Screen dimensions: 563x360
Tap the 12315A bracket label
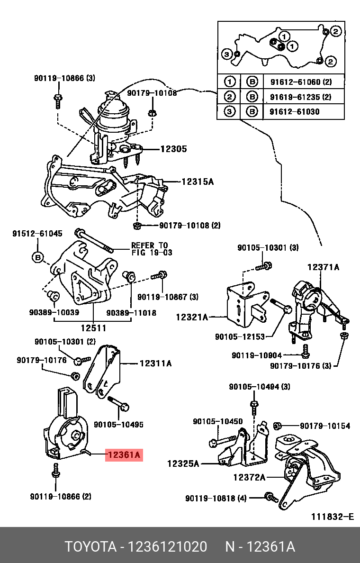point(197,182)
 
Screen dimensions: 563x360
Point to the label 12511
point(93,328)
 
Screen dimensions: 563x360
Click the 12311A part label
point(155,363)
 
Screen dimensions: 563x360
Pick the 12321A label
point(192,317)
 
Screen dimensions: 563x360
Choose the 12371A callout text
point(323,267)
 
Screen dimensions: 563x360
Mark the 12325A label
point(183,463)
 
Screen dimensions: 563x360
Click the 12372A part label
point(249,477)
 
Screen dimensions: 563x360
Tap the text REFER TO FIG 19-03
point(149,249)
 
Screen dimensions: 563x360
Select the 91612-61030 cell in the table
point(295,112)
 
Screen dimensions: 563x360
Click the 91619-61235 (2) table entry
point(300,97)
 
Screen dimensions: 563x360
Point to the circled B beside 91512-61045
point(38,257)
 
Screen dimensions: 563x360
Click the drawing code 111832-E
point(332,517)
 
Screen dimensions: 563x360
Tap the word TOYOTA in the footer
point(90,547)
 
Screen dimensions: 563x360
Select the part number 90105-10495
point(118,425)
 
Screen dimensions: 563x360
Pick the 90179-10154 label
point(325,426)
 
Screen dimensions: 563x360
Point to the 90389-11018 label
point(131,313)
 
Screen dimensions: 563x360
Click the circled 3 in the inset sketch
point(227,54)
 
